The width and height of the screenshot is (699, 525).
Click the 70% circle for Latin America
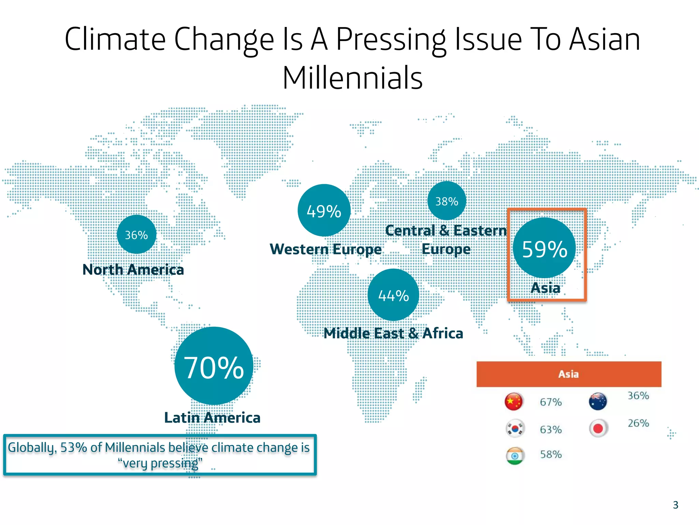point(214,366)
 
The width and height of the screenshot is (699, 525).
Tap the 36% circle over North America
point(137,234)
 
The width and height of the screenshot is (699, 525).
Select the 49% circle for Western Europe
point(324,210)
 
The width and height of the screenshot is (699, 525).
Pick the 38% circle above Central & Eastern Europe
point(446,201)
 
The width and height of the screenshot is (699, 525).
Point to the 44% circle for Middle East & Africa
point(393,295)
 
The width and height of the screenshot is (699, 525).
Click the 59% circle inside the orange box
point(544,248)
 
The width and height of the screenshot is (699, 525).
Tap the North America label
point(133,270)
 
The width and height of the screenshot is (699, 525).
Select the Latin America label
point(212,418)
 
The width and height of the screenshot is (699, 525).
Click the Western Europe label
point(326,249)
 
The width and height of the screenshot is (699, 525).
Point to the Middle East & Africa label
point(393,333)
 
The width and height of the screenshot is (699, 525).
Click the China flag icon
point(514,401)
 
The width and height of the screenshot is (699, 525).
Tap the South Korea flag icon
point(515,428)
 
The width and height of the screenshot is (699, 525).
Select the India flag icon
point(515,456)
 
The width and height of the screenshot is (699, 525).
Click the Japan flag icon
point(598,428)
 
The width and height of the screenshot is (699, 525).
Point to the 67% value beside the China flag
point(551,402)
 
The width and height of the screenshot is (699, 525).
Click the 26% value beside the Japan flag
point(638,423)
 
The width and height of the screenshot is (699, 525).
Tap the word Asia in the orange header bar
point(569,374)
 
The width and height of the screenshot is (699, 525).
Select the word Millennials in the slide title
point(353,78)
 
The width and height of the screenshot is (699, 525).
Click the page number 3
point(675,505)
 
